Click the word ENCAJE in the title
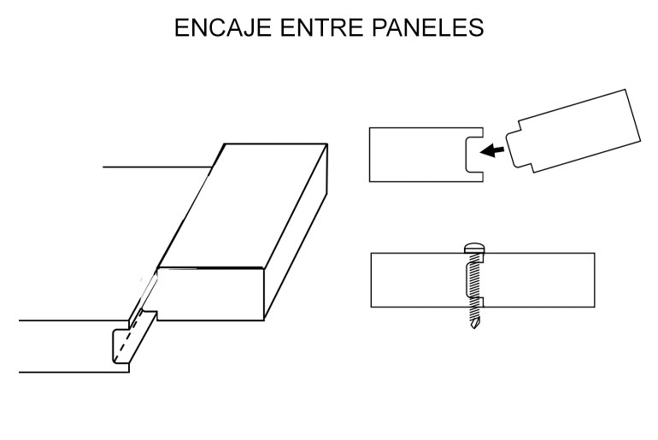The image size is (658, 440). (x=222, y=27)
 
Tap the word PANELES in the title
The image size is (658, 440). (x=427, y=27)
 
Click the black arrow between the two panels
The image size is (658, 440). (x=492, y=150)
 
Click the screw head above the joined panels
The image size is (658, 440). (x=474, y=248)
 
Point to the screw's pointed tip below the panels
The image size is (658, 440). (x=473, y=324)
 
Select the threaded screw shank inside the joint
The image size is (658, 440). (x=473, y=285)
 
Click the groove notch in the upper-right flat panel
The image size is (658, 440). (x=474, y=155)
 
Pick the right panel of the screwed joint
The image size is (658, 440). (x=538, y=279)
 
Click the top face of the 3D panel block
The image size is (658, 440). (x=242, y=206)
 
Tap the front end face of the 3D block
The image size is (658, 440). (x=211, y=294)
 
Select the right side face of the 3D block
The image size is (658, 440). (x=296, y=231)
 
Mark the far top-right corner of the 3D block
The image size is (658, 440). (x=327, y=144)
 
